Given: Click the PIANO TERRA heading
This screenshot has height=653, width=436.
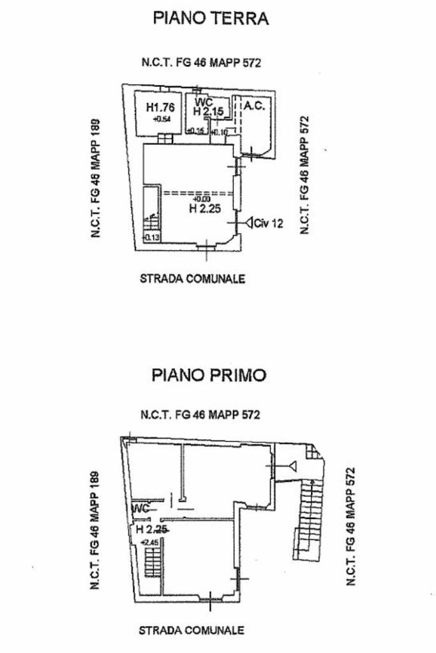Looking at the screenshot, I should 211,19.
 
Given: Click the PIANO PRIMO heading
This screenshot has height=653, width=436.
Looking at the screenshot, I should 209,375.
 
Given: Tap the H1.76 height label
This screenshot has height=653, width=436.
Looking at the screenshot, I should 160,107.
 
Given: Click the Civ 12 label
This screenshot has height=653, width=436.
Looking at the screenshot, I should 268,223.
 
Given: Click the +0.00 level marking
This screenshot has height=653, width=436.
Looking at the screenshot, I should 200,199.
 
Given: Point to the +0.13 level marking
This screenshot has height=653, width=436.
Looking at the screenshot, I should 153,238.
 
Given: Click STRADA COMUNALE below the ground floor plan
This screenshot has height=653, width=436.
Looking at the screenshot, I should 192,279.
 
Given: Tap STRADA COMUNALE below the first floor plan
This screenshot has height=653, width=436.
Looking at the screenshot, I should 192,631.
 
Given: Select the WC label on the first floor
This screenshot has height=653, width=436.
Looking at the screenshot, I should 140,509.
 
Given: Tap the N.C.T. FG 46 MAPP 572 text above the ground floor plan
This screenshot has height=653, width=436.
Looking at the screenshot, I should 202,63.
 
